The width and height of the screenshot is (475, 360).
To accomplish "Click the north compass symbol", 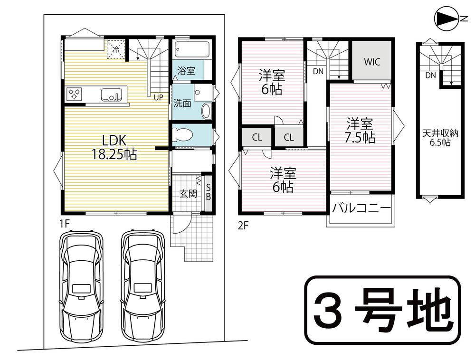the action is (x=447, y=19).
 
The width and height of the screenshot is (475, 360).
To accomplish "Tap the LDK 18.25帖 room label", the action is (x=114, y=147).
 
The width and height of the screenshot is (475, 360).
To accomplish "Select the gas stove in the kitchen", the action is (x=74, y=94).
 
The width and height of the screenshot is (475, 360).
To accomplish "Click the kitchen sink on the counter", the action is (x=111, y=95).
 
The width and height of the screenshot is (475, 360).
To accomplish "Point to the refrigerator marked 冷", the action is (x=116, y=49).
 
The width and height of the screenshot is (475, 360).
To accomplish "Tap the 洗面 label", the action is (x=182, y=104).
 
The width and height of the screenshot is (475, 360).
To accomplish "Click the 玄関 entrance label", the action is (x=189, y=193).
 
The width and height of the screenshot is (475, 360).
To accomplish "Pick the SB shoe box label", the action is (x=209, y=192).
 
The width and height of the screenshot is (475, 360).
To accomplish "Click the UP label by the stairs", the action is (x=158, y=97).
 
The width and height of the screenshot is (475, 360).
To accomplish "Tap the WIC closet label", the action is (x=372, y=62).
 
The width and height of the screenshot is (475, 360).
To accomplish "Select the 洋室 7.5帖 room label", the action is (x=360, y=131).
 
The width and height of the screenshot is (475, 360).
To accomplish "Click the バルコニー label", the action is (x=361, y=208).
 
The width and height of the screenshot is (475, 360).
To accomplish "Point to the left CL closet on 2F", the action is (x=257, y=137).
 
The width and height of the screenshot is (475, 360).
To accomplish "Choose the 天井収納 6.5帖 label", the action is (x=440, y=138).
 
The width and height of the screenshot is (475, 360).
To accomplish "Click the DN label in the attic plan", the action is (x=430, y=75).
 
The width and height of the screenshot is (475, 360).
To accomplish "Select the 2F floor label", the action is (x=243, y=226).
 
